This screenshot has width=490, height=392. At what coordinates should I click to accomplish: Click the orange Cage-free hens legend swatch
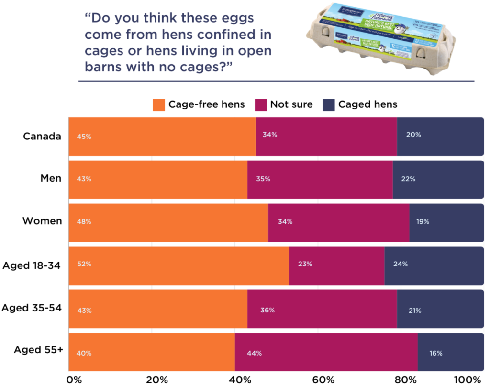159,104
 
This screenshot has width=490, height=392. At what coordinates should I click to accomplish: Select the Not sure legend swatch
261,104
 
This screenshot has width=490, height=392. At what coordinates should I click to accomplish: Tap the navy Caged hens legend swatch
329,104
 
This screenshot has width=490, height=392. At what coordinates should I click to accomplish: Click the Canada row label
42,136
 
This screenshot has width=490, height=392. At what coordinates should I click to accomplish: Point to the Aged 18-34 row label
32,265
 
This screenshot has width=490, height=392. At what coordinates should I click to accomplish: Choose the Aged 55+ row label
38,350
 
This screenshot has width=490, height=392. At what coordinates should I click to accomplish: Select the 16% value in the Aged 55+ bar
435,353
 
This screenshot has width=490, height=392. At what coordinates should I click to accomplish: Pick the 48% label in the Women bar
84,222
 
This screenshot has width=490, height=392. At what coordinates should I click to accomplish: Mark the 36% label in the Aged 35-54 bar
267,310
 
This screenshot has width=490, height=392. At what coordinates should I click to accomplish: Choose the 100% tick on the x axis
467,380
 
